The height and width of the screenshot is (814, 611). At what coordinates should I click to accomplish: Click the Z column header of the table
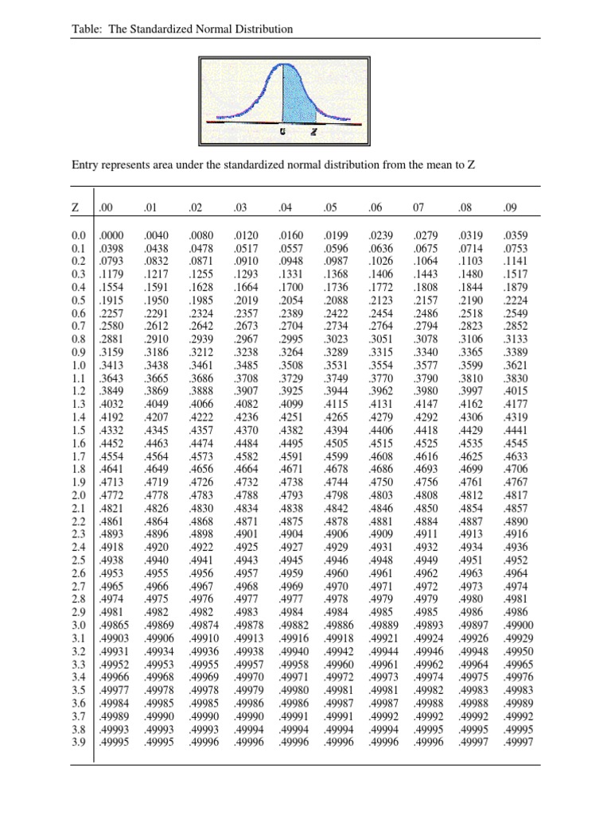click(x=75, y=208)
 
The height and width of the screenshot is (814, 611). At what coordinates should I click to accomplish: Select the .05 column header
click(x=331, y=208)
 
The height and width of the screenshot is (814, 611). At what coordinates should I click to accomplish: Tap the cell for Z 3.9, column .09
click(x=518, y=742)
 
